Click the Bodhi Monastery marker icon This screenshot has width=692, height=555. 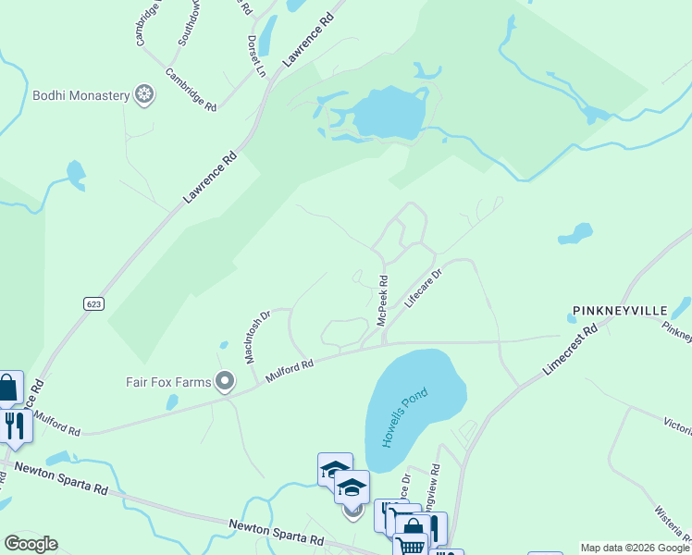pyautogui.click(x=143, y=94)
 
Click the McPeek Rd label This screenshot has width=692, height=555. pyautogui.click(x=382, y=298)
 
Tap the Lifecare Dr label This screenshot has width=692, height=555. pyautogui.click(x=424, y=288)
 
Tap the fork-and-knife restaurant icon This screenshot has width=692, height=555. pyautogui.click(x=13, y=425)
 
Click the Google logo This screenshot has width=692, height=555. pyautogui.click(x=31, y=544)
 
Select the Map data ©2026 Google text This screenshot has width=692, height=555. pyautogui.click(x=634, y=548)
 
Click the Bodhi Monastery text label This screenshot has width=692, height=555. pyautogui.click(x=80, y=95)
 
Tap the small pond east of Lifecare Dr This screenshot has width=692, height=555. pyautogui.click(x=575, y=233)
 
